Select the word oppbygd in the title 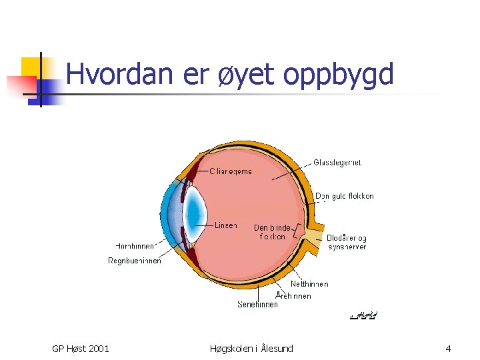click(338, 75)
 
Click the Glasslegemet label click(337, 162)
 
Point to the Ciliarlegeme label click(231, 171)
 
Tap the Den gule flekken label click(344, 196)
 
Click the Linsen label click(225, 225)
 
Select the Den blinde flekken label click(272, 232)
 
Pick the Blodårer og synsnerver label click(347, 242)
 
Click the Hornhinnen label click(135, 245)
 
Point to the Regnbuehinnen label click(134, 261)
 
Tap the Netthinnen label click(309, 284)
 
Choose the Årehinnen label click(293, 295)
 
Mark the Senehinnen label click(257, 305)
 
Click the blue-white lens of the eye click(194, 213)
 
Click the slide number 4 click(448, 349)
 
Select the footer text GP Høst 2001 click(81, 349)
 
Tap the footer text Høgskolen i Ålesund click(251, 349)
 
